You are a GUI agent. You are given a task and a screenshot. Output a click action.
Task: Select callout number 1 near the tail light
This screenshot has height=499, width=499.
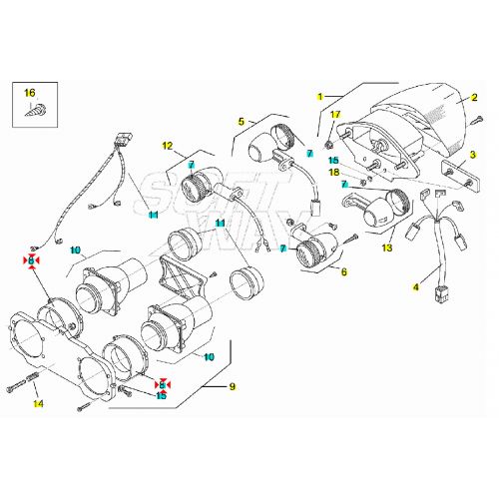click(x=320, y=97)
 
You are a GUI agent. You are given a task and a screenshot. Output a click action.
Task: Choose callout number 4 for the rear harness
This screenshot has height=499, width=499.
click(x=416, y=287)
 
